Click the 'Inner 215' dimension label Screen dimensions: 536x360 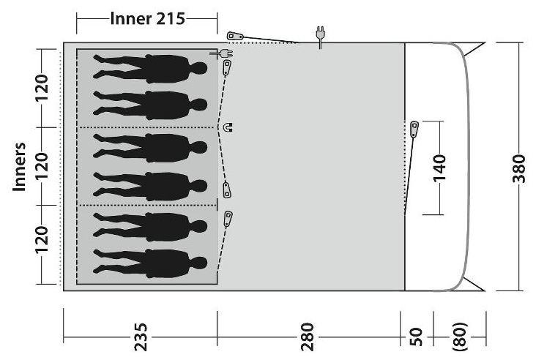coord(147,18)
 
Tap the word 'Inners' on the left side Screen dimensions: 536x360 coord(20,167)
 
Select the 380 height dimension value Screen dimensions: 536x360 coord(519,169)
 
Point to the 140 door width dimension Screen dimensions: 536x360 coord(439,168)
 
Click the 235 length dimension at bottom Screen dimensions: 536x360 coord(141,337)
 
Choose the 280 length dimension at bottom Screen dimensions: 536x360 coord(308,337)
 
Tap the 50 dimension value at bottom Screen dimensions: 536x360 coord(416,337)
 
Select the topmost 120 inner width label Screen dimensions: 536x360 coord(42,87)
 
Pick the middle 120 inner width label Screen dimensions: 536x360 coord(42,166)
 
